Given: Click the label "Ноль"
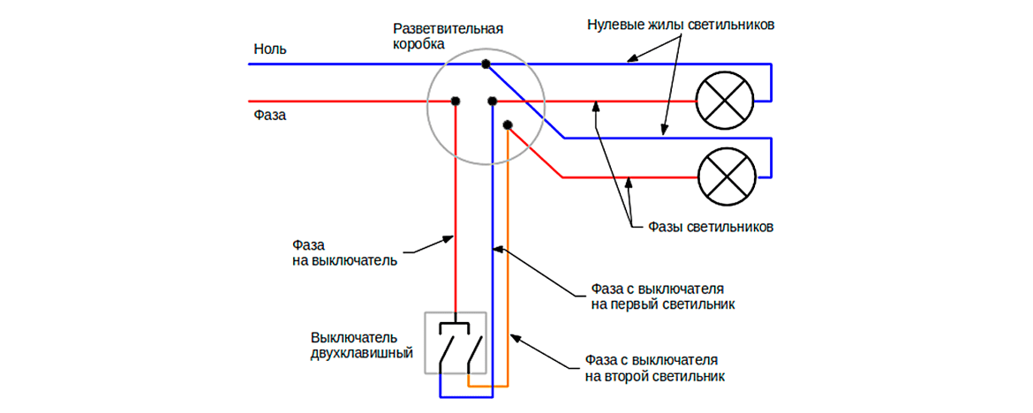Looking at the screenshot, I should (269, 49).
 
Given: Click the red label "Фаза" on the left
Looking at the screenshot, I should (269, 115).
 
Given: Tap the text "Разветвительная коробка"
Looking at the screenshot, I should (448, 35).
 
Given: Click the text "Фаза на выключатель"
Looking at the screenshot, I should (343, 252).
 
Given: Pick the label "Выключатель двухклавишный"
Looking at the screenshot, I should (361, 346).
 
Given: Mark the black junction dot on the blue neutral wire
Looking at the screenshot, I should (486, 64).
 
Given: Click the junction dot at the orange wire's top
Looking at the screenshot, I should (507, 124).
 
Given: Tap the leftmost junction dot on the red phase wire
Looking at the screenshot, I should (456, 101).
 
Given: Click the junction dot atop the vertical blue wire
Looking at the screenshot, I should (492, 101).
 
